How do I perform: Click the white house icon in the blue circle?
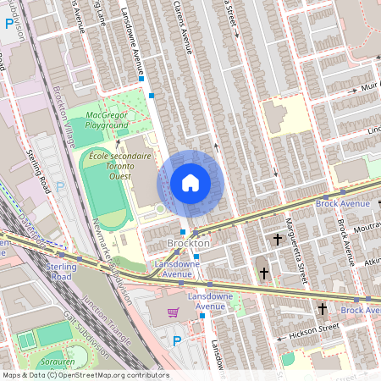point(190,183)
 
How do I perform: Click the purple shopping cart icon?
point(173,312)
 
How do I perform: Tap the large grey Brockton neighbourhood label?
point(188,243)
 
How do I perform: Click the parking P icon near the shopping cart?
point(177,341)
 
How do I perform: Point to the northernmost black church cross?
point(277,240)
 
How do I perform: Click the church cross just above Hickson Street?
point(323,308)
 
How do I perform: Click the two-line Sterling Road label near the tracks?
point(58,270)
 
